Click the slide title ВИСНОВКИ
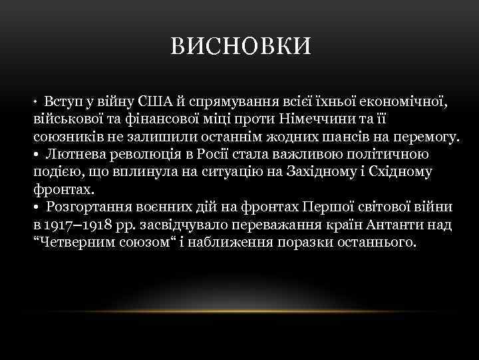point(239,47)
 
